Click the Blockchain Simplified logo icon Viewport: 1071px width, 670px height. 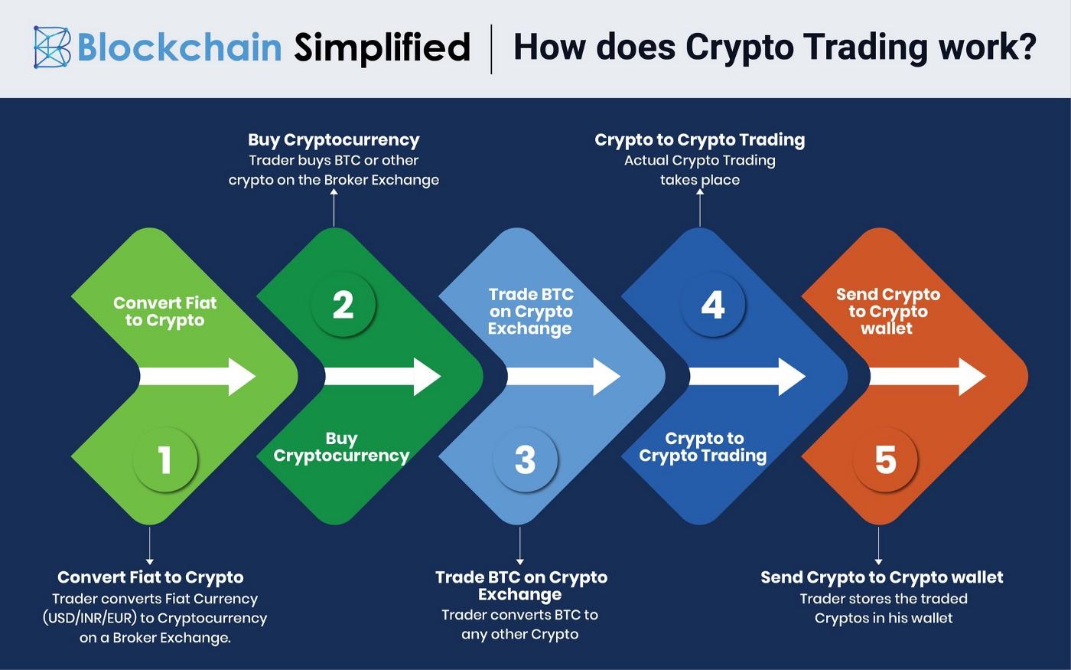(52, 47)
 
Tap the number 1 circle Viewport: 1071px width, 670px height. (164, 460)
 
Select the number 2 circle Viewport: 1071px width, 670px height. (343, 305)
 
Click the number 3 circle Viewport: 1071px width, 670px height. (525, 460)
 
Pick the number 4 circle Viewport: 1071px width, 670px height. (712, 305)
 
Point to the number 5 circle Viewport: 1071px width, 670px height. (885, 460)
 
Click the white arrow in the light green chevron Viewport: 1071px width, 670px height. (197, 376)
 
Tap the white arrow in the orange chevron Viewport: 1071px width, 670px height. (928, 376)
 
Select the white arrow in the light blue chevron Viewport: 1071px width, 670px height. (563, 376)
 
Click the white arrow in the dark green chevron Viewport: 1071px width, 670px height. (382, 376)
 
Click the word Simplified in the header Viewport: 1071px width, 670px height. (382, 48)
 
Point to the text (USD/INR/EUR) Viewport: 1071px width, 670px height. (90, 618)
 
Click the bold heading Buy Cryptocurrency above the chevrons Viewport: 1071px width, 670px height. (334, 140)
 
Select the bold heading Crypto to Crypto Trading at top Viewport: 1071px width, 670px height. (699, 140)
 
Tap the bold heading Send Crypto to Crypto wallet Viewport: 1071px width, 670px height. (881, 577)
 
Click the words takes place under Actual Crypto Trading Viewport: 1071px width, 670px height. (699, 180)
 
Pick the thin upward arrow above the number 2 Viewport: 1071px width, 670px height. (334, 207)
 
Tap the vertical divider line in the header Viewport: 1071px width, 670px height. (491, 48)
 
